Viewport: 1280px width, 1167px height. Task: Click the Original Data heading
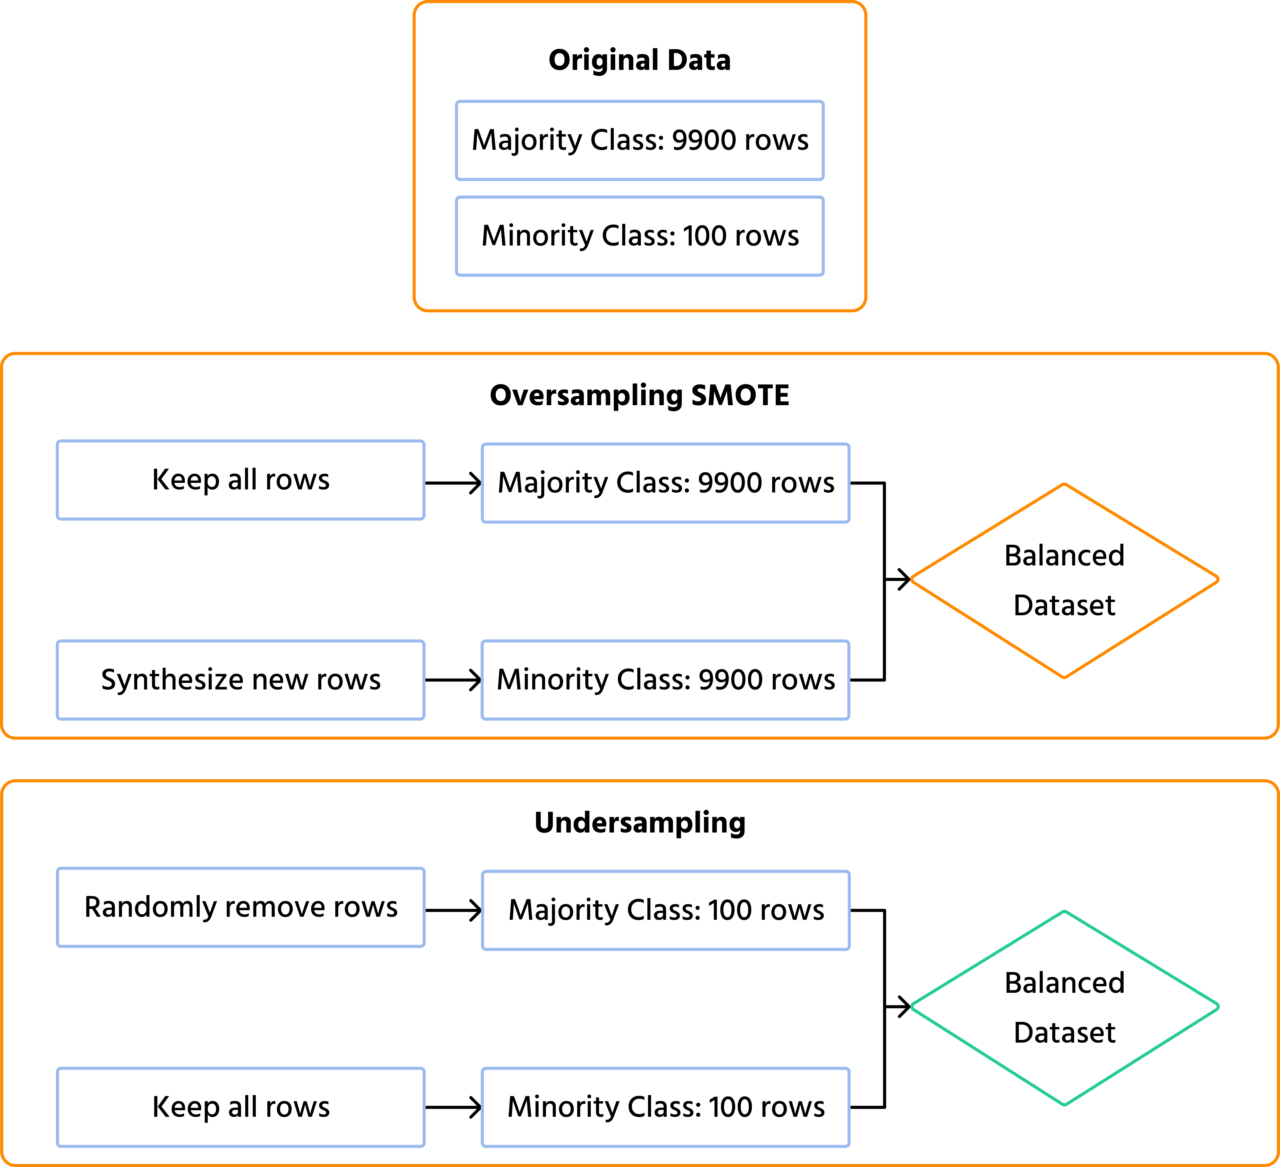(639, 60)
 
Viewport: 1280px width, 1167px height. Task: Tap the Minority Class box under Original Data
(639, 236)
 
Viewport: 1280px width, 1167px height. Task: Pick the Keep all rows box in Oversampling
(241, 480)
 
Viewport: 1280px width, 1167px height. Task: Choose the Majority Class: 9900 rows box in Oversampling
(665, 483)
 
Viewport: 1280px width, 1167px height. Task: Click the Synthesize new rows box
(241, 680)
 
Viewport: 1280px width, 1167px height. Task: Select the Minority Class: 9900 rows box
(665, 680)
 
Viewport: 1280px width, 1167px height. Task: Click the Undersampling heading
(639, 823)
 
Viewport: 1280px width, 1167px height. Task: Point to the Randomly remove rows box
(241, 907)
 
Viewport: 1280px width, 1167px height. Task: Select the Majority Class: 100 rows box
(665, 910)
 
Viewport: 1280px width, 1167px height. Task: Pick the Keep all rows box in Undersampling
(241, 1107)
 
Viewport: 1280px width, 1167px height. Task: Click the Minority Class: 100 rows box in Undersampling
(665, 1107)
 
